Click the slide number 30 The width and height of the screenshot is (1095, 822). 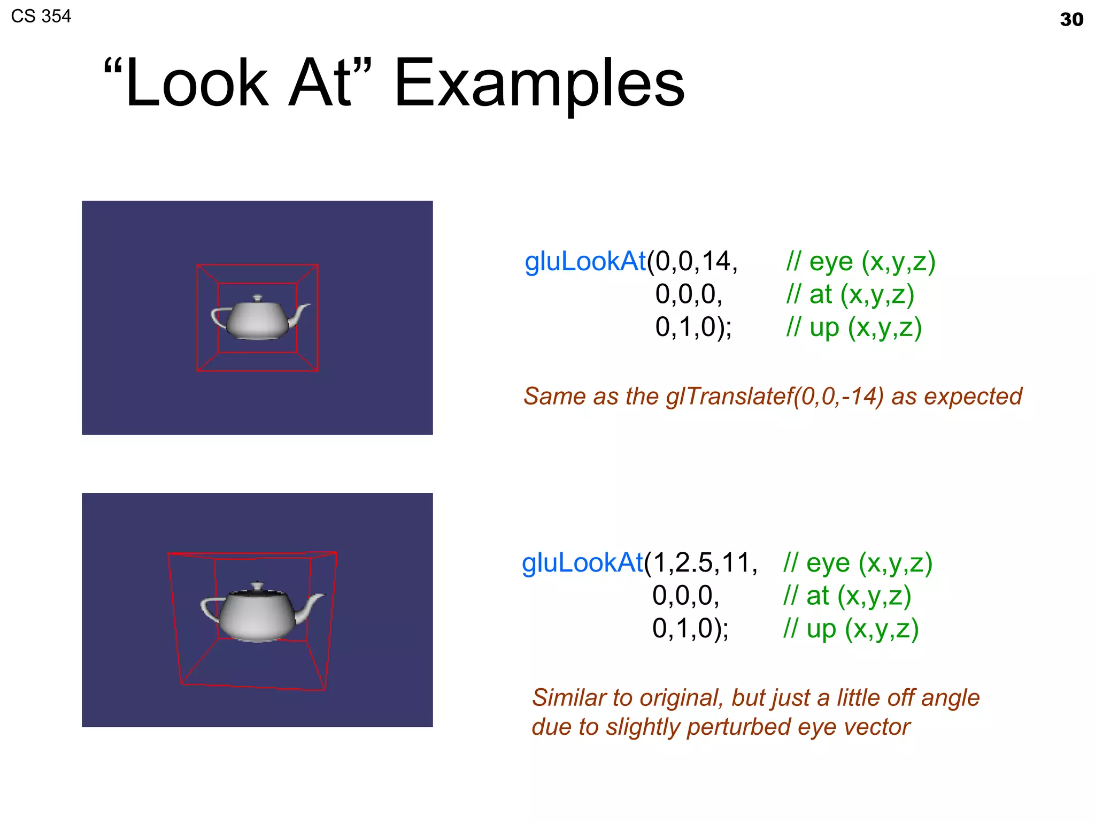tap(1071, 20)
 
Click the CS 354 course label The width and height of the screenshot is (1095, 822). tap(41, 16)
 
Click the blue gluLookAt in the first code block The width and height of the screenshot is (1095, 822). tap(585, 262)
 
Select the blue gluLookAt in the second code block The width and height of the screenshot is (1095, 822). tap(582, 563)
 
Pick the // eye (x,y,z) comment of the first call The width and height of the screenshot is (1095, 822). tap(861, 262)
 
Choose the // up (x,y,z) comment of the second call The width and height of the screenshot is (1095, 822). tap(851, 629)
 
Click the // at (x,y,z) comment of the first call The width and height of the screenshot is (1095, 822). tap(850, 294)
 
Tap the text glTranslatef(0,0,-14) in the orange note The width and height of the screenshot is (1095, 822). tap(775, 397)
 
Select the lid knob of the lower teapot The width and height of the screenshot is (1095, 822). tap(258, 585)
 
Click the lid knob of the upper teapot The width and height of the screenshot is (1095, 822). tap(258, 298)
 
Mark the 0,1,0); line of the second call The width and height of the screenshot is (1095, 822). tap(690, 629)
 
